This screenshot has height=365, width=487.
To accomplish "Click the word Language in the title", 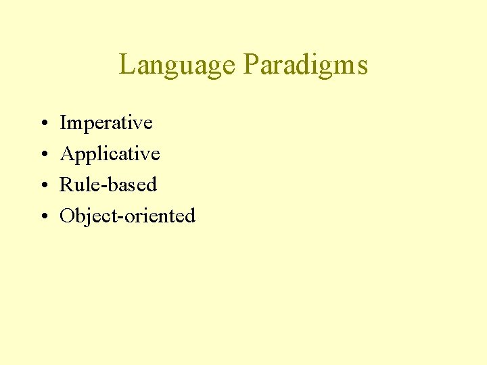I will click(x=178, y=66).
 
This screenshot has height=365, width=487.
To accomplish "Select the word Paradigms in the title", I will click(x=305, y=66).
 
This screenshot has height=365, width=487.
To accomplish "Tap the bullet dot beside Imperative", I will click(x=43, y=124).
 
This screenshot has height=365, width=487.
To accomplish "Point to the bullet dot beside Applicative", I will click(x=43, y=155).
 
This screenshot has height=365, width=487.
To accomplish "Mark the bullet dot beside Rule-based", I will click(x=43, y=186).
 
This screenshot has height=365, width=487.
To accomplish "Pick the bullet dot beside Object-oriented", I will click(x=43, y=217).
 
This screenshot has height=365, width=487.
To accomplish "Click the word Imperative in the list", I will click(x=106, y=124).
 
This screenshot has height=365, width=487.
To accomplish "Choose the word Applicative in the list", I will click(x=110, y=155).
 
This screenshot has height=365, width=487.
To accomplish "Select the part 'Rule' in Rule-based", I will click(x=75, y=185).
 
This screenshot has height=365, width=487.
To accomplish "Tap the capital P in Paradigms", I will click(x=250, y=65).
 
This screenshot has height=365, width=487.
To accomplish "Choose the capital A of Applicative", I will click(x=67, y=154).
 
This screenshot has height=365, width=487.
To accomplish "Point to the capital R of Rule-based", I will click(x=66, y=185).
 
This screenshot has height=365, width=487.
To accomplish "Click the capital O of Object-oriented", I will click(x=67, y=216).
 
